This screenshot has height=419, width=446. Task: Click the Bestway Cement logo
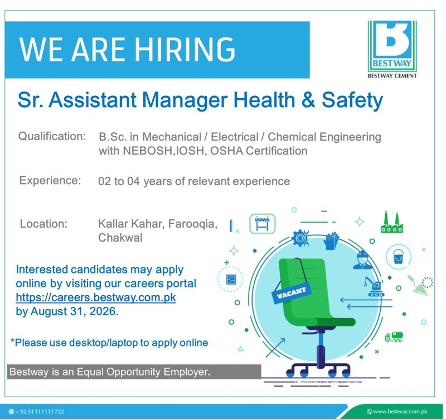tap(392, 49)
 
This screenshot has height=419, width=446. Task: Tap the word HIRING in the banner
tap(185, 50)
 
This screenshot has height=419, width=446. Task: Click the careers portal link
tap(96, 297)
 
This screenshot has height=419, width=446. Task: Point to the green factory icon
tap(392, 222)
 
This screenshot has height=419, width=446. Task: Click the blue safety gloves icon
tap(331, 241)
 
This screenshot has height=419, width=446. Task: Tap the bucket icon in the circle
tap(398, 257)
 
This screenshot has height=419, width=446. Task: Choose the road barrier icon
tap(262, 224)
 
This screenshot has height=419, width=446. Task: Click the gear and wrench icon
tap(300, 238)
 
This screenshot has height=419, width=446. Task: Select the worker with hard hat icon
tap(362, 259)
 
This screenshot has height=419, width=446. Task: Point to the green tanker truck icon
tap(394, 336)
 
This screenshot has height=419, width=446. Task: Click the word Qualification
tap(52, 136)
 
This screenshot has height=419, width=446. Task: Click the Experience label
tap(50, 180)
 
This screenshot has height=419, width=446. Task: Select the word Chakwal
tap(120, 238)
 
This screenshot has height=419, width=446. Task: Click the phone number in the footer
tap(40, 412)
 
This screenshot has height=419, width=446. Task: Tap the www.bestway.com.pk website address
tap(400, 411)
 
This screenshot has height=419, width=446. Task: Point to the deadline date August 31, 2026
tap(75, 311)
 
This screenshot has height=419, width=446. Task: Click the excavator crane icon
tap(374, 286)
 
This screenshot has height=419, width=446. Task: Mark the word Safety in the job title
tap(352, 100)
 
